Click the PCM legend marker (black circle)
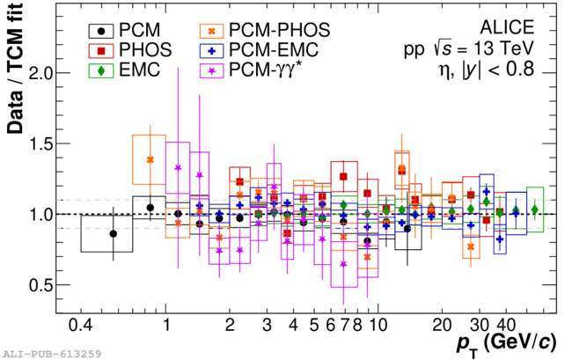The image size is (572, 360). (102, 28)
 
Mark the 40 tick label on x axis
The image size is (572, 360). (505, 325)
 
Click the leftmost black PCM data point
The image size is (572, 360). (113, 233)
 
